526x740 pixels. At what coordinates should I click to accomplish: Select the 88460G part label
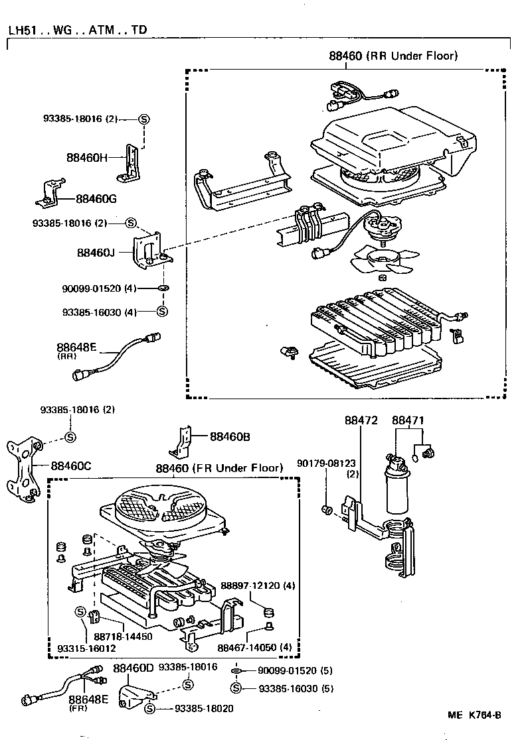[96, 198]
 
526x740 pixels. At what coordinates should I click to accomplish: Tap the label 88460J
[96, 253]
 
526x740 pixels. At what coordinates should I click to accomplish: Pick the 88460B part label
[230, 436]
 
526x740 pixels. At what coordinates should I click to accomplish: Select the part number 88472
[361, 420]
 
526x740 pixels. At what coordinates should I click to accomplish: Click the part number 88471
[408, 420]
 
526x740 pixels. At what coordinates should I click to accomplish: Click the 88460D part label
[133, 668]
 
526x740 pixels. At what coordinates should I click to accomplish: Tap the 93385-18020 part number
[204, 708]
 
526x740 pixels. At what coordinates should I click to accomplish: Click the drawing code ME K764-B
[474, 715]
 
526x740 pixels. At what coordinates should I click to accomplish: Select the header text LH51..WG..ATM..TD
[78, 30]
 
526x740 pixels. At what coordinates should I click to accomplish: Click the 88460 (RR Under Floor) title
[393, 56]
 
